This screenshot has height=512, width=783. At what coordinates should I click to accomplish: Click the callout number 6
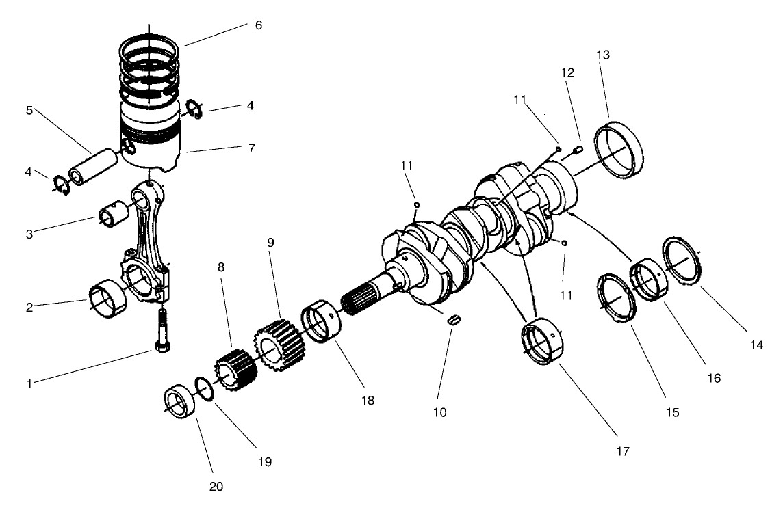click(x=258, y=25)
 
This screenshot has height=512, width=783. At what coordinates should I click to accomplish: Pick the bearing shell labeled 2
click(x=108, y=299)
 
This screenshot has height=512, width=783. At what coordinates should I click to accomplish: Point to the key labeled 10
click(x=452, y=320)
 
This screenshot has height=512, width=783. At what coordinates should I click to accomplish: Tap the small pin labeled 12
click(x=578, y=149)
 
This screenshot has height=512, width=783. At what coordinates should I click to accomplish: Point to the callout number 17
click(x=622, y=451)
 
